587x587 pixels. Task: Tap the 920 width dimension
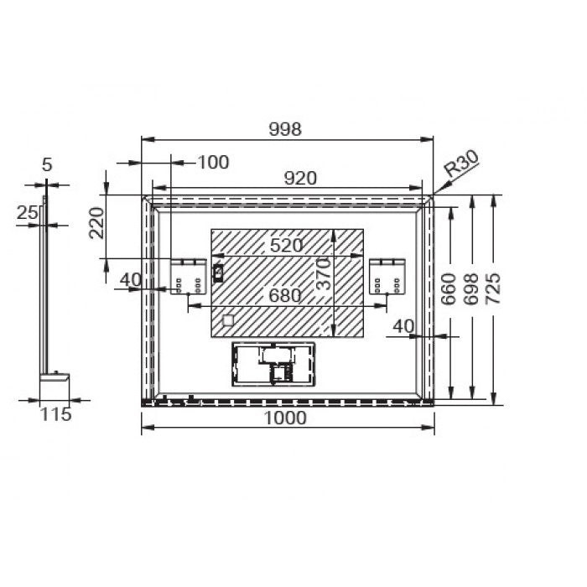coord(299,178)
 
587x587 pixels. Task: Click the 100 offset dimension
coord(213,162)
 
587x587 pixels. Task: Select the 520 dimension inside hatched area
coord(285,246)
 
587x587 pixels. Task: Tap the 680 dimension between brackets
coord(285,295)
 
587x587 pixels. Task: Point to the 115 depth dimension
coord(55,414)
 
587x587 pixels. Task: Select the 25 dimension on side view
coord(27,214)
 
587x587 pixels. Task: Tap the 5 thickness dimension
coord(47,165)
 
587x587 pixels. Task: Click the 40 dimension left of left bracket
coord(130,279)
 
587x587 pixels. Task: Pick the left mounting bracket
coord(190,277)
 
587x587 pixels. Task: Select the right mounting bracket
coord(387,277)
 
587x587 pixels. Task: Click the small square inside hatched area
coord(227,319)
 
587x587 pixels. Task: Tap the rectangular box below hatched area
coord(273,363)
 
